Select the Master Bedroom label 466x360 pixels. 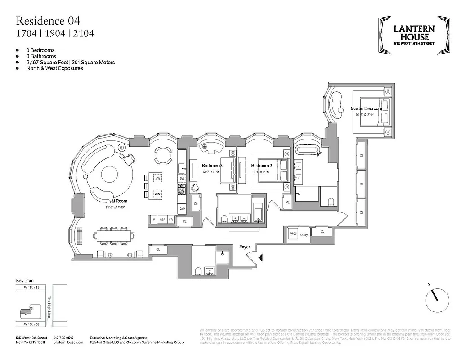pos(366,108)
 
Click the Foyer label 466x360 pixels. pos(244,247)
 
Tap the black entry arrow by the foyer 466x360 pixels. pos(260,257)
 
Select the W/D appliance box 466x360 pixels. pos(293,234)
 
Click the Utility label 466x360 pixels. pos(304,234)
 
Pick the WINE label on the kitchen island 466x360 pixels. pos(158,194)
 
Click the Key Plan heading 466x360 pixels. pos(25,280)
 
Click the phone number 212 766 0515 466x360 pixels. pos(63,337)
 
